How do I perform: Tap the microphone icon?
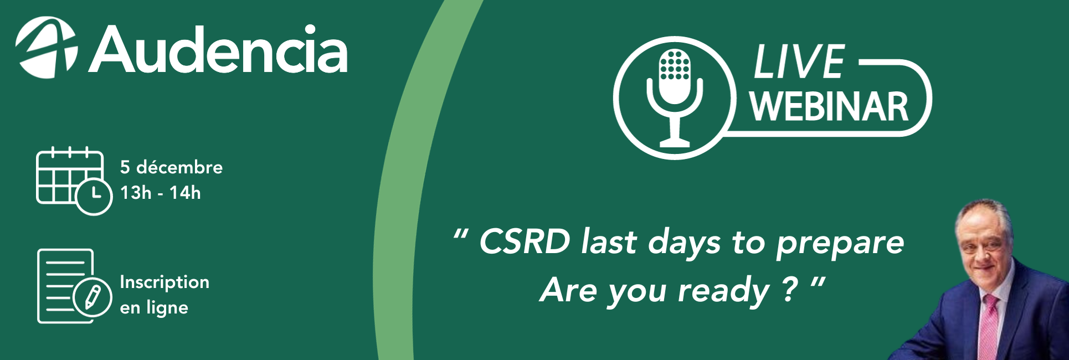(675, 98)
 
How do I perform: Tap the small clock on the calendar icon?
(94, 196)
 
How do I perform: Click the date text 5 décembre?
(171, 167)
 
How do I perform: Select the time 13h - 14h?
(161, 193)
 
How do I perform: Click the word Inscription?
(165, 282)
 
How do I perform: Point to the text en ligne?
(154, 307)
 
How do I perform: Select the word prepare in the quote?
(840, 244)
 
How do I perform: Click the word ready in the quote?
(724, 291)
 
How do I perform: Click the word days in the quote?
(685, 244)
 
